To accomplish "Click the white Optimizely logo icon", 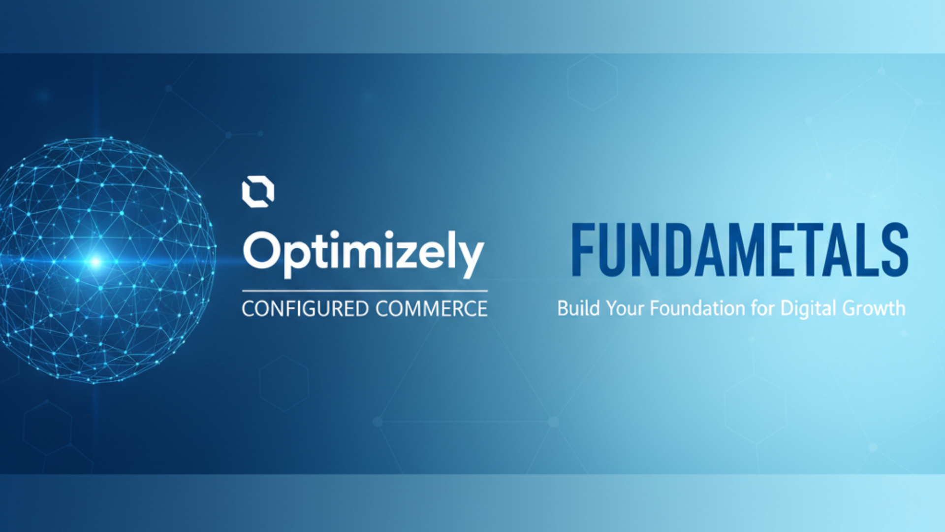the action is (258, 192).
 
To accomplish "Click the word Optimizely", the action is (364, 254).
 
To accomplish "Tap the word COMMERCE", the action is (432, 309).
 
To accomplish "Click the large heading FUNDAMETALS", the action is (740, 250).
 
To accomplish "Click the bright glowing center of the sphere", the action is (95, 262).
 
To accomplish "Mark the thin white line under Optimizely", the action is (365, 291).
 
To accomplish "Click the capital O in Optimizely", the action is (264, 250).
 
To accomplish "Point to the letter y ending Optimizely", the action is (469, 260).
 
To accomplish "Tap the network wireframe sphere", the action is (107, 260).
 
